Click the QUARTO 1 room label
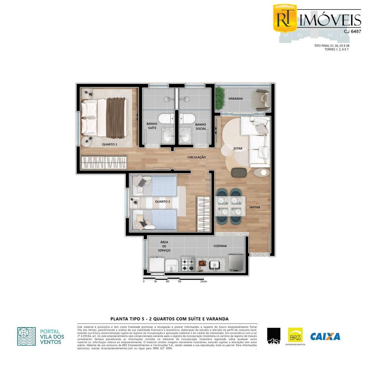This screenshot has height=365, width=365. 109,144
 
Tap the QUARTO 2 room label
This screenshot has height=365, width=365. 162,201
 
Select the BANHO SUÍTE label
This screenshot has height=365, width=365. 152,126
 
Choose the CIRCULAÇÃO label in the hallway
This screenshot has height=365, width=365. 197,157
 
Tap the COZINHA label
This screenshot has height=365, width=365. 220,246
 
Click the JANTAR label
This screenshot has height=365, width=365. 254,207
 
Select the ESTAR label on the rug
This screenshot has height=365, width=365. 238,149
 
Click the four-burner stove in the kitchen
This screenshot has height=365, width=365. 188,264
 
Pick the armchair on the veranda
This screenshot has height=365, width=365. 262,100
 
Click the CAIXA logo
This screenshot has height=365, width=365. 325,336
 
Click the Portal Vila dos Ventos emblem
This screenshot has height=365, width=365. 27,336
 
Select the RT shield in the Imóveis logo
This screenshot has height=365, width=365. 285,18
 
